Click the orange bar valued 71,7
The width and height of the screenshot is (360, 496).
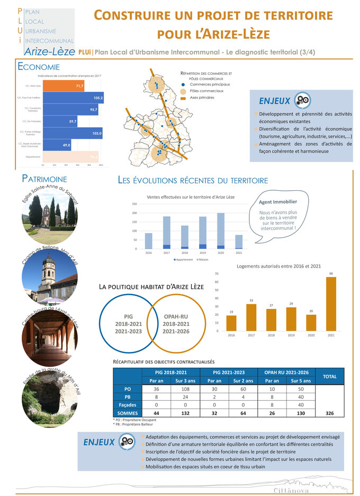pos(63,86)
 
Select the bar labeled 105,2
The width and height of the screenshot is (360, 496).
pos(73,98)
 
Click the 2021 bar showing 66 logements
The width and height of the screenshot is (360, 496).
pos(331,304)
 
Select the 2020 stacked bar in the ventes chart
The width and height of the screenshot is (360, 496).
pos(220,231)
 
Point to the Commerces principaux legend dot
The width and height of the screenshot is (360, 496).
pos(183,85)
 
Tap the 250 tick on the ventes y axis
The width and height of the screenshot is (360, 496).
pos(134,204)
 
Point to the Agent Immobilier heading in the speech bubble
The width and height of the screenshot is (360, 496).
pos(278,201)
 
